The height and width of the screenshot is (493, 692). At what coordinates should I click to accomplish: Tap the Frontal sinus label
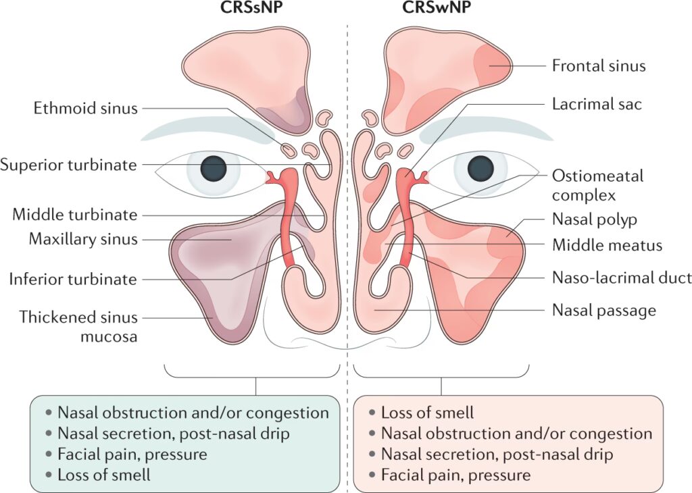599,66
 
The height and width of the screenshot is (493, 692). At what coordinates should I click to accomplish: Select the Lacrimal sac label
597,104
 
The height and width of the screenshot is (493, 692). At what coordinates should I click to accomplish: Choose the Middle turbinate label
74,215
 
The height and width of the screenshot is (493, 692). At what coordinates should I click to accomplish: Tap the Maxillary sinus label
83,239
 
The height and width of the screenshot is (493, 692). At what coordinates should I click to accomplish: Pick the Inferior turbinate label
73,279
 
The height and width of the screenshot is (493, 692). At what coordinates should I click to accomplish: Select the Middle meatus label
607,245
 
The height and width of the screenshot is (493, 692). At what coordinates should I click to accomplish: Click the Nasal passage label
603,311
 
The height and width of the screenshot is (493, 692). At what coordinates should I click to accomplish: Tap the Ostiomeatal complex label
597,186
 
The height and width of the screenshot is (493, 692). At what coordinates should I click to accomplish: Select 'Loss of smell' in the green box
103,474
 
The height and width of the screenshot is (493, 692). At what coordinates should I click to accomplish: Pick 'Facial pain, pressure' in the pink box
455,474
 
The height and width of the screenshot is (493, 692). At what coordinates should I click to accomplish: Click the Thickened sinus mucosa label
78,326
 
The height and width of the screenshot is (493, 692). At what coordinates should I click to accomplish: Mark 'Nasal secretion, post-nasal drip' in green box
173,434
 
